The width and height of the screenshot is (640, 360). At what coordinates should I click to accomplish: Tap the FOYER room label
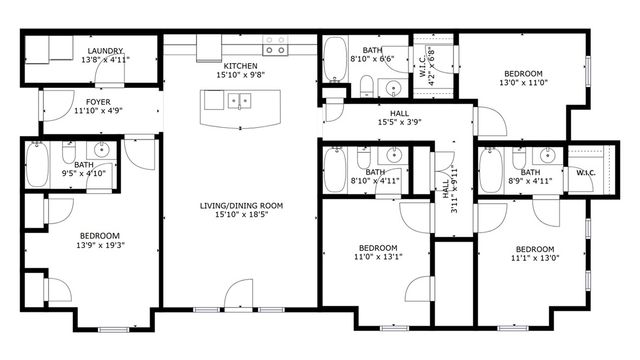pyautogui.click(x=98, y=101)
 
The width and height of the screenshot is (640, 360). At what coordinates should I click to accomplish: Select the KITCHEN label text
pyautogui.click(x=241, y=65)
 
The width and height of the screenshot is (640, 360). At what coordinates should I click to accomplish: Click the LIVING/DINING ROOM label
pyautogui.click(x=241, y=206)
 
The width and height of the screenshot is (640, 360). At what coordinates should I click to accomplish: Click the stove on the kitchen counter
pyautogui.click(x=275, y=46)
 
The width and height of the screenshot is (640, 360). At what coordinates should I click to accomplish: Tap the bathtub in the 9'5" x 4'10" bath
pyautogui.click(x=38, y=166)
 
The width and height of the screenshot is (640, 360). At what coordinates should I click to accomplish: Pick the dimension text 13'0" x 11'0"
pyautogui.click(x=522, y=85)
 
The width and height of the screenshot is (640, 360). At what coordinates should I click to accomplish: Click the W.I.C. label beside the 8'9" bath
pyautogui.click(x=585, y=172)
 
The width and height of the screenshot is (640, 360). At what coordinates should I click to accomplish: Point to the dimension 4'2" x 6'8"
pyautogui.click(x=431, y=66)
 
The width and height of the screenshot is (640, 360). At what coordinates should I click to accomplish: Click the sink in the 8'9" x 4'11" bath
pyautogui.click(x=547, y=156)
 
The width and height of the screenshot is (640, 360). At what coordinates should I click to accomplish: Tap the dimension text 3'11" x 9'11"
pyautogui.click(x=452, y=187)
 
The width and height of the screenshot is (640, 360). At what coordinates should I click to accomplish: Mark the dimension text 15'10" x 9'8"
pyautogui.click(x=241, y=74)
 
